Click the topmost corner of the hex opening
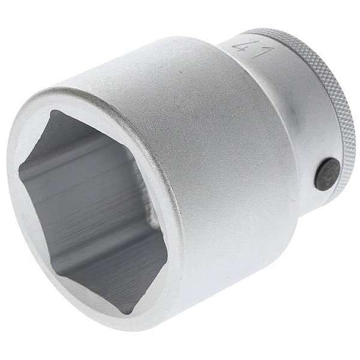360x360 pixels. click(x=53, y=110)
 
